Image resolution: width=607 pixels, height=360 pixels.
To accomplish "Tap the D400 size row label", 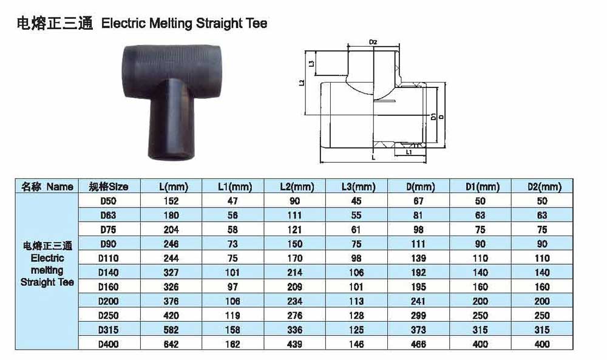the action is tap(109, 344).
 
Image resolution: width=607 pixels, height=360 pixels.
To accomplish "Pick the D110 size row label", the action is tap(109, 258).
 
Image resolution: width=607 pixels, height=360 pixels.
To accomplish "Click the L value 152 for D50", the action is tap(171, 201).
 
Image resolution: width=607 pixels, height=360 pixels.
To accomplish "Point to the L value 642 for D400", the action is tap(171, 344).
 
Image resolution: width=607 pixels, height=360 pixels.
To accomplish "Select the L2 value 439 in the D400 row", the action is tap(294, 344).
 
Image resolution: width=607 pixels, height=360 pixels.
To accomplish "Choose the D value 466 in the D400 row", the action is tap(418, 344).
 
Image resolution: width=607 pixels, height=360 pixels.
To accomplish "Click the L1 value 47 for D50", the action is tap(232, 201).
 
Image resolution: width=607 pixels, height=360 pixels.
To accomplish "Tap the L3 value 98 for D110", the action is tap(356, 258).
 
